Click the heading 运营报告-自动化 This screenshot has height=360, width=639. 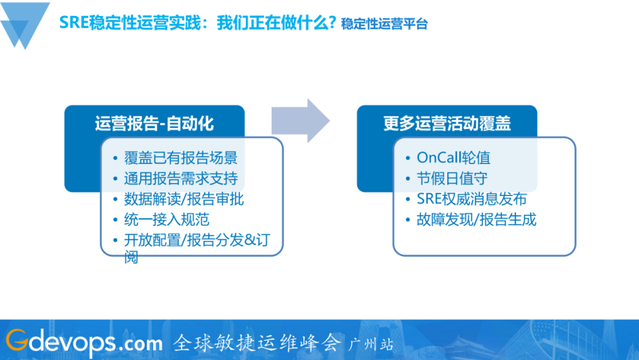pyautogui.click(x=154, y=123)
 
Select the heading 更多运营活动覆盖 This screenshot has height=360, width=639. pyautogui.click(x=447, y=123)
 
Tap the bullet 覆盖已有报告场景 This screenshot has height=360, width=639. pyautogui.click(x=180, y=158)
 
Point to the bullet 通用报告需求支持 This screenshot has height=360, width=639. pyautogui.click(x=180, y=178)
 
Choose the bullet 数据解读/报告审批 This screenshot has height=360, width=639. pyautogui.click(x=183, y=199)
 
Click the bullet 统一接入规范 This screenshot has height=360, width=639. pyautogui.click(x=166, y=220)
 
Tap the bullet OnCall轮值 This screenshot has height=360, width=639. pyautogui.click(x=453, y=157)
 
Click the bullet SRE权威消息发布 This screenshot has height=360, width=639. pyautogui.click(x=472, y=199)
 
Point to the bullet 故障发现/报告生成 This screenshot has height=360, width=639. pyautogui.click(x=476, y=220)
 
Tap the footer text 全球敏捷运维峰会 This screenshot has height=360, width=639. pyautogui.click(x=257, y=342)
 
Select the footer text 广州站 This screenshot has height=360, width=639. pyautogui.click(x=372, y=344)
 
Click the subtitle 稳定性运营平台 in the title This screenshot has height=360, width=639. pyautogui.click(x=384, y=24)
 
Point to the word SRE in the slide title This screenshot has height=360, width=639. pyautogui.click(x=74, y=23)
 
